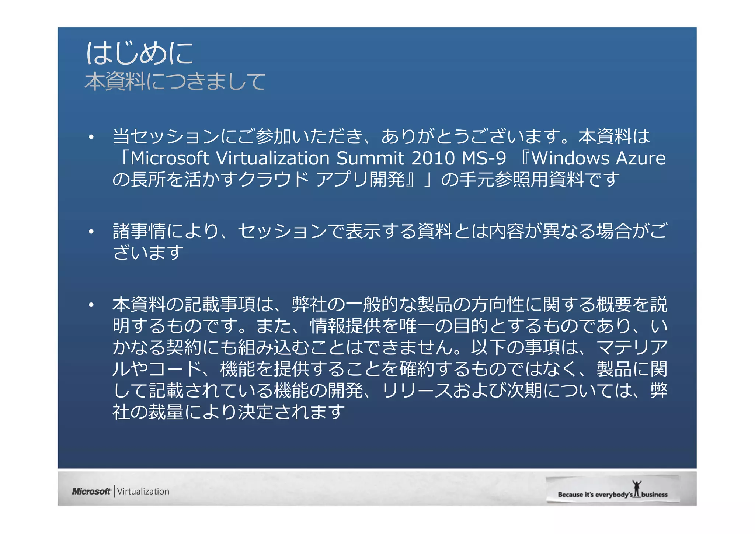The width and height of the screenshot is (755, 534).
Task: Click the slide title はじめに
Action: (139, 53)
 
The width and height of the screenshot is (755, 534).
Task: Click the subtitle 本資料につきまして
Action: (175, 82)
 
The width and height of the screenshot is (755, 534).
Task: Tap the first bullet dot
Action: (91, 138)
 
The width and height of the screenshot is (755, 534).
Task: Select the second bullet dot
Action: (91, 232)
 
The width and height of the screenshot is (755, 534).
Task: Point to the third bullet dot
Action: (91, 305)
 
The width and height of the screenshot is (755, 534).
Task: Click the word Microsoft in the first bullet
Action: (170, 158)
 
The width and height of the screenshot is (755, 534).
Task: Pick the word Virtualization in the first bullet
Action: (272, 158)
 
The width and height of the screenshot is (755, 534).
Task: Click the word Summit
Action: (370, 158)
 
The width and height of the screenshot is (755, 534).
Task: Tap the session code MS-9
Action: (484, 158)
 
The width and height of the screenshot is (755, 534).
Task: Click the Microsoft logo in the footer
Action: (91, 491)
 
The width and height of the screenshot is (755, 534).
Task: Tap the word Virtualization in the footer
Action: (143, 491)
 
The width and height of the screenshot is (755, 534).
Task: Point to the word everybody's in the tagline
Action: (613, 495)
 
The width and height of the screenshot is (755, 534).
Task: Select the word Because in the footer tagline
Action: (570, 495)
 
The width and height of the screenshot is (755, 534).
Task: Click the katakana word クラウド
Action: (274, 180)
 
